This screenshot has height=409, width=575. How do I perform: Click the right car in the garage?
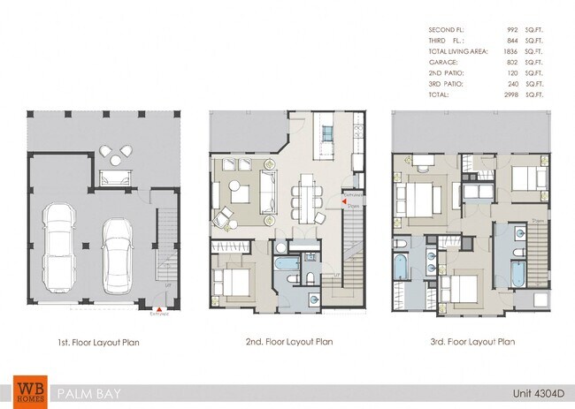click(x=117, y=258)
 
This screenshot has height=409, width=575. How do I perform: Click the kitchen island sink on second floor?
click(x=326, y=133)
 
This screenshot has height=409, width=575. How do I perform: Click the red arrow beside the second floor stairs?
click(x=344, y=203)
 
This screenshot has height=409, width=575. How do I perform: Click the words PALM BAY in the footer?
click(x=87, y=392)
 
